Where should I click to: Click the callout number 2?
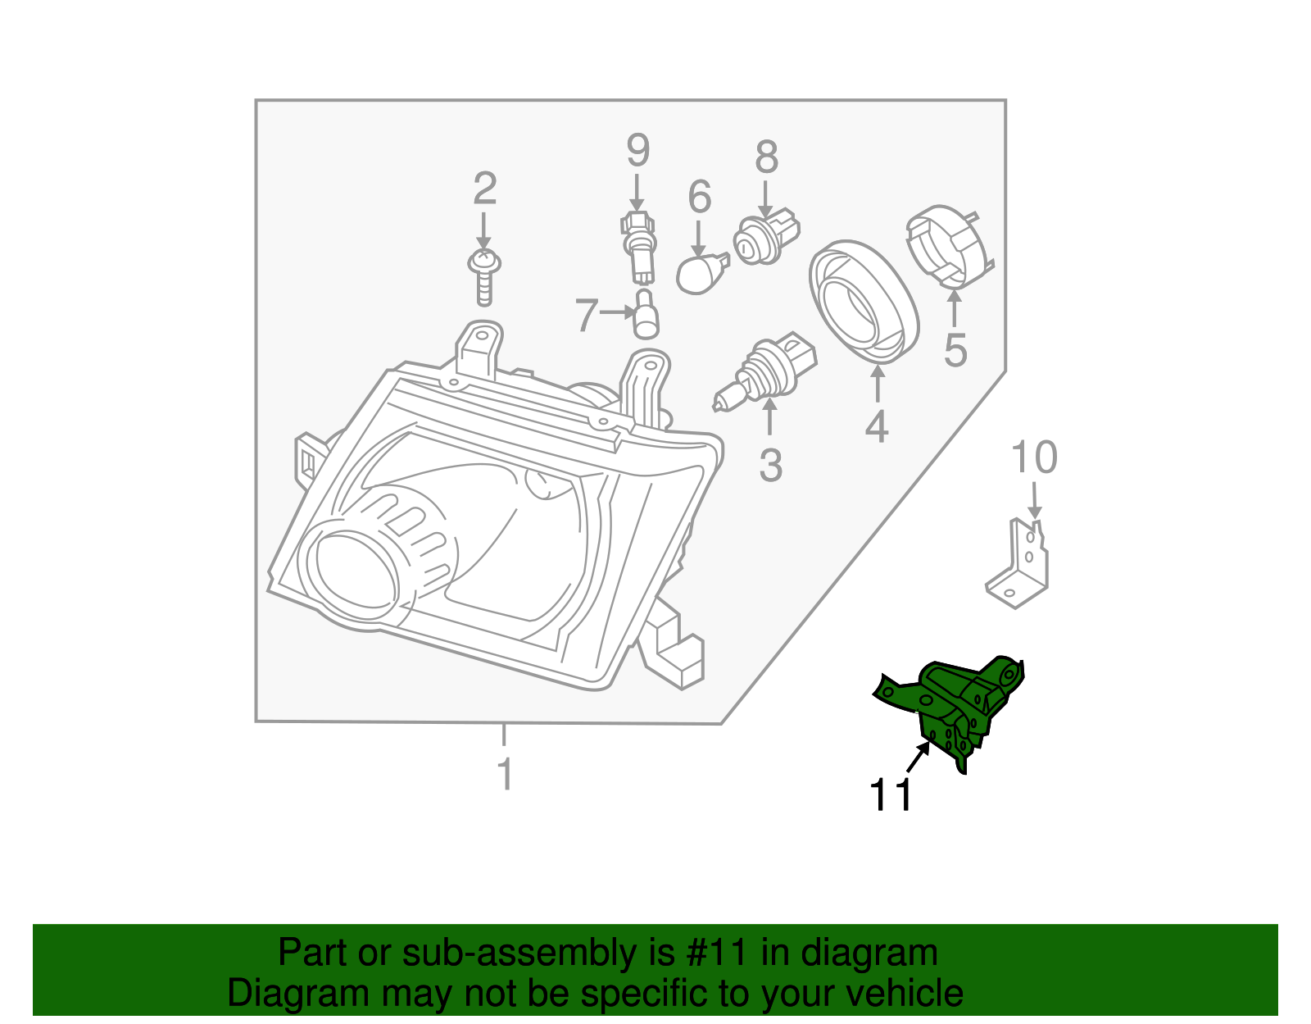485,189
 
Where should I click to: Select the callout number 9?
637,151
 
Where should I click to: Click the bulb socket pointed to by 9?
639,244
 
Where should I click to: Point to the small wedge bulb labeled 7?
646,316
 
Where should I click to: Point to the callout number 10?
1034,457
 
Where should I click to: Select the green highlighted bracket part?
955,705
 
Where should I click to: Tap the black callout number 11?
891,794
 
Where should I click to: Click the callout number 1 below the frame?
506,774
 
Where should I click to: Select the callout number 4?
877,426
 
